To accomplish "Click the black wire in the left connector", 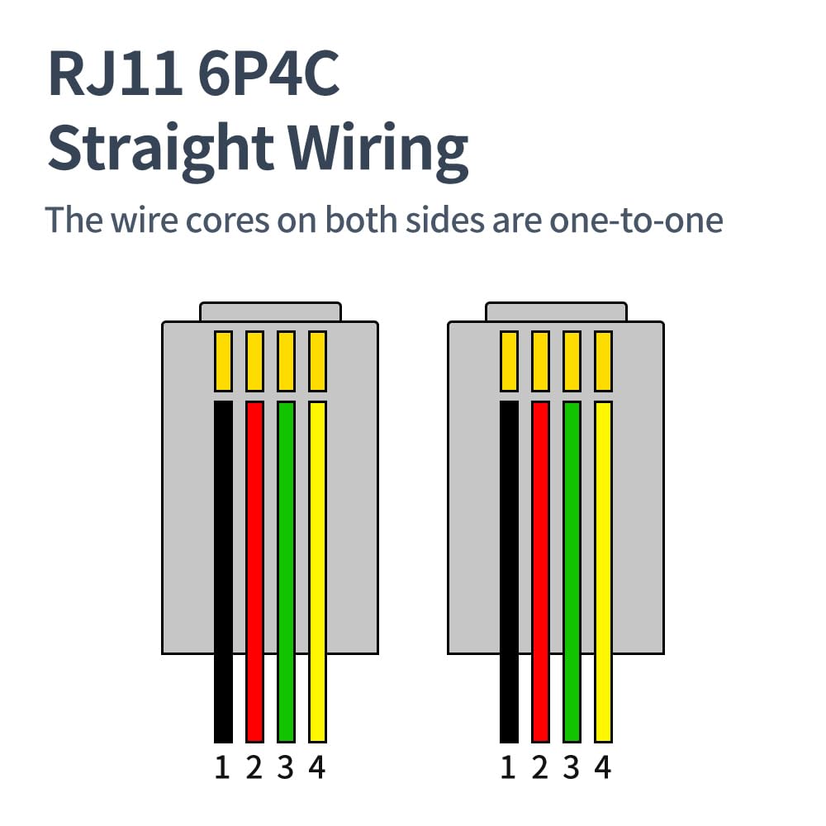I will (223, 570).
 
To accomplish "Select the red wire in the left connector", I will (254, 570).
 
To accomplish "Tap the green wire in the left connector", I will (286, 570).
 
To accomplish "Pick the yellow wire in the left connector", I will (317, 570).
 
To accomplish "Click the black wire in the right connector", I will (509, 570).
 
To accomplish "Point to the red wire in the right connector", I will (540, 570).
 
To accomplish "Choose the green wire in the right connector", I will (572, 570).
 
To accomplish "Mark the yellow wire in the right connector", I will (603, 570).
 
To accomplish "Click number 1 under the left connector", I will (221, 768).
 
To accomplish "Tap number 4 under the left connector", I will (317, 768).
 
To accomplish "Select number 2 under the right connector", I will (540, 768).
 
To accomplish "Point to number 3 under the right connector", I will (572, 768).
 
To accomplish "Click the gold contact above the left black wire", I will (223, 361).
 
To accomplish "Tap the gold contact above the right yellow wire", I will (603, 361).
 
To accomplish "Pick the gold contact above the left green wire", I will (286, 361).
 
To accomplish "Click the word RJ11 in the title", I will (115, 74).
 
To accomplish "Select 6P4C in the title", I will (268, 74).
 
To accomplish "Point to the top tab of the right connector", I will (555, 311).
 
